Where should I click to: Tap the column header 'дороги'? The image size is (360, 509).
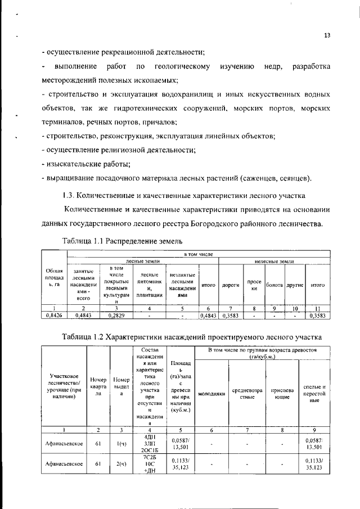(231, 285)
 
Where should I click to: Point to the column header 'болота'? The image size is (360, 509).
(275, 285)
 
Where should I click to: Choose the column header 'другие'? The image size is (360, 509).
(295, 285)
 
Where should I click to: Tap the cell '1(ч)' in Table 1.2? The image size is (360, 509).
(121, 444)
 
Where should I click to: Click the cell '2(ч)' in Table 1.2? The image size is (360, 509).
(121, 464)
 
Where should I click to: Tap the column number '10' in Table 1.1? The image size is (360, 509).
(295, 309)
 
